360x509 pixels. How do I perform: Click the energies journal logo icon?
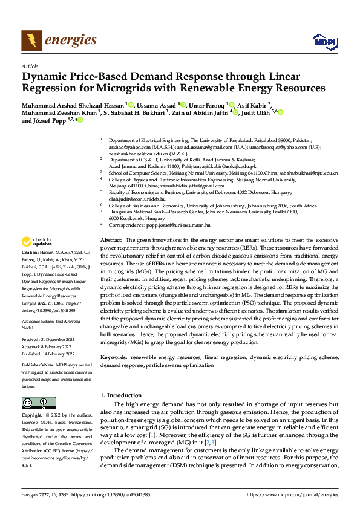click(28, 41)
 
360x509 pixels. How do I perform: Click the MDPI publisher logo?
click(324, 41)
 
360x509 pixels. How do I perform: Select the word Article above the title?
click(29, 66)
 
